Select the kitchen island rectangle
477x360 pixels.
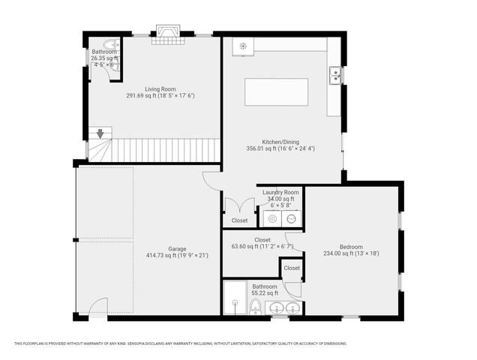pyautogui.click(x=277, y=92)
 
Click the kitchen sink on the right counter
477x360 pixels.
pyautogui.click(x=334, y=74)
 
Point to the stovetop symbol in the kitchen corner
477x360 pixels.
pyautogui.click(x=243, y=46)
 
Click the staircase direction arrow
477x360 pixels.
pyautogui.click(x=100, y=134)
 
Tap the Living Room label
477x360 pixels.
pyautogui.click(x=160, y=89)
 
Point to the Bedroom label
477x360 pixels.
pyautogui.click(x=351, y=247)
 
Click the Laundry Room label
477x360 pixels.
pyautogui.click(x=280, y=193)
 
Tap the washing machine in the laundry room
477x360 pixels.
pyautogui.click(x=272, y=218)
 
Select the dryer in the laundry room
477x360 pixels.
pyautogui.click(x=291, y=218)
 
